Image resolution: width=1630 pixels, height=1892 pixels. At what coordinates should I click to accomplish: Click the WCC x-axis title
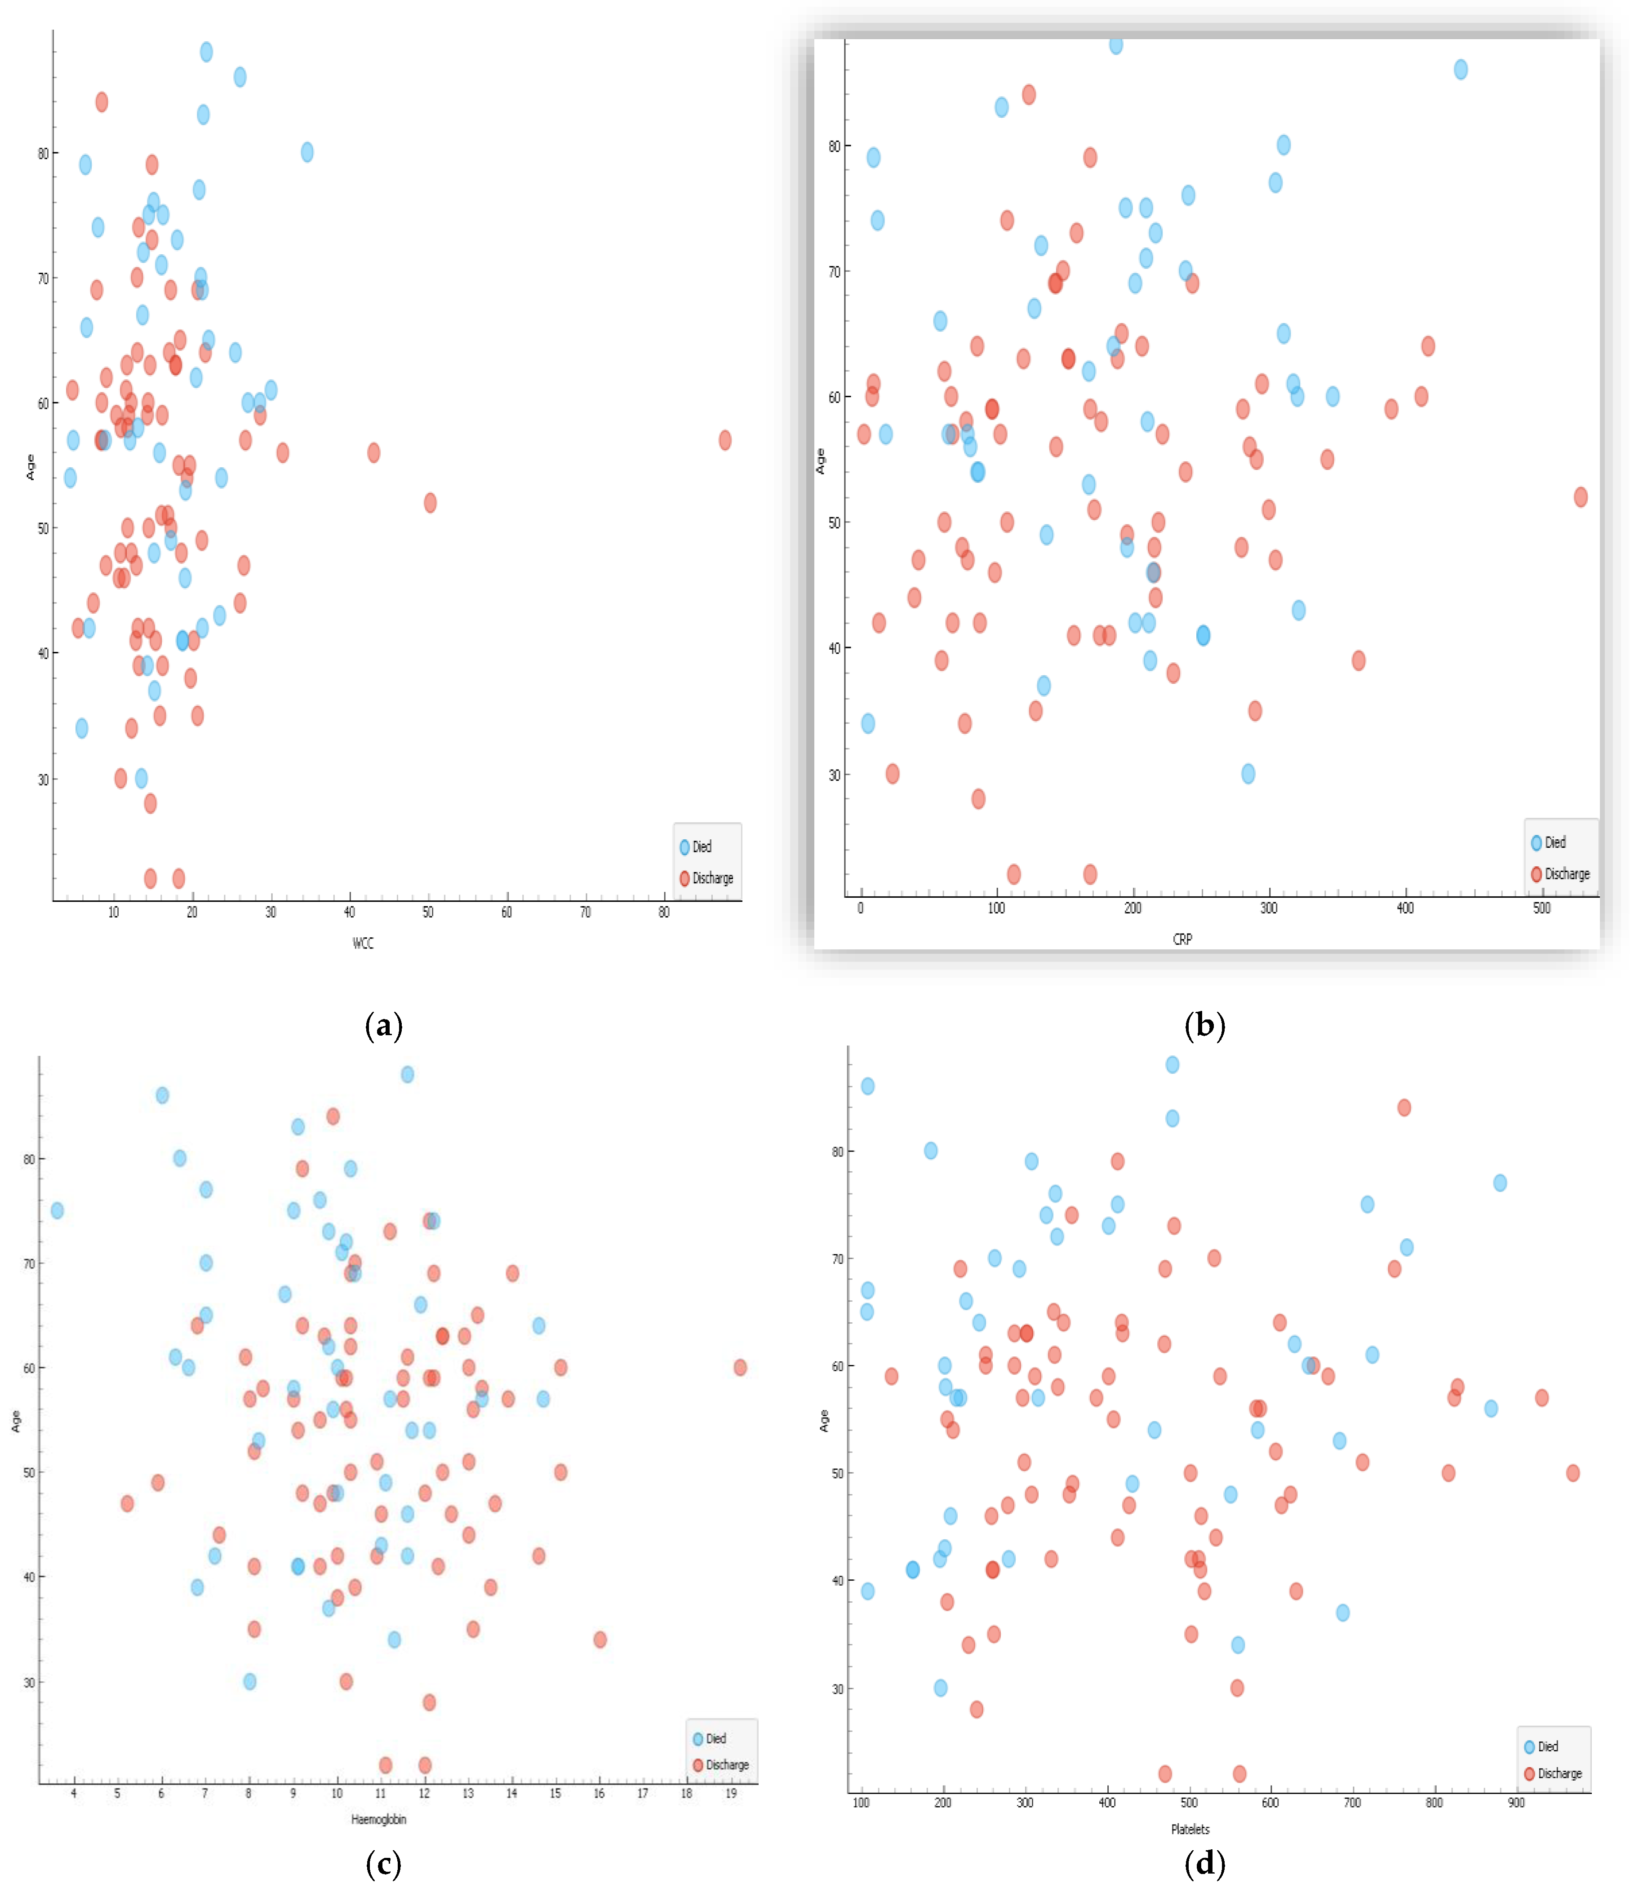coord(363,942)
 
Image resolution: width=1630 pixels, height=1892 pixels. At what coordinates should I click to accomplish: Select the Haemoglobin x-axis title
coord(378,1819)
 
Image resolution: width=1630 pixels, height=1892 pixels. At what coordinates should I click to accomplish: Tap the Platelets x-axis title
coord(1190,1829)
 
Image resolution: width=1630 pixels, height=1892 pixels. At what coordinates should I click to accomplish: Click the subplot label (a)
coord(383,1025)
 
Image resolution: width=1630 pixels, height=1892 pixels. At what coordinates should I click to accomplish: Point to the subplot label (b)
coord(1204,1025)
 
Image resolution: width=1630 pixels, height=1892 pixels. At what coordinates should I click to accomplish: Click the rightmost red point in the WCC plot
coord(725,440)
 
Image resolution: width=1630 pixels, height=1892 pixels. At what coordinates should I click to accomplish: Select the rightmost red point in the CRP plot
coord(1581,497)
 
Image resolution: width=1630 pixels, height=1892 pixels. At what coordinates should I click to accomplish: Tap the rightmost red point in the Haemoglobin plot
coord(741,1367)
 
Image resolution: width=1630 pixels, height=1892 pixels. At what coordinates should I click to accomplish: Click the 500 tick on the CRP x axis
coord(1541,908)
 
